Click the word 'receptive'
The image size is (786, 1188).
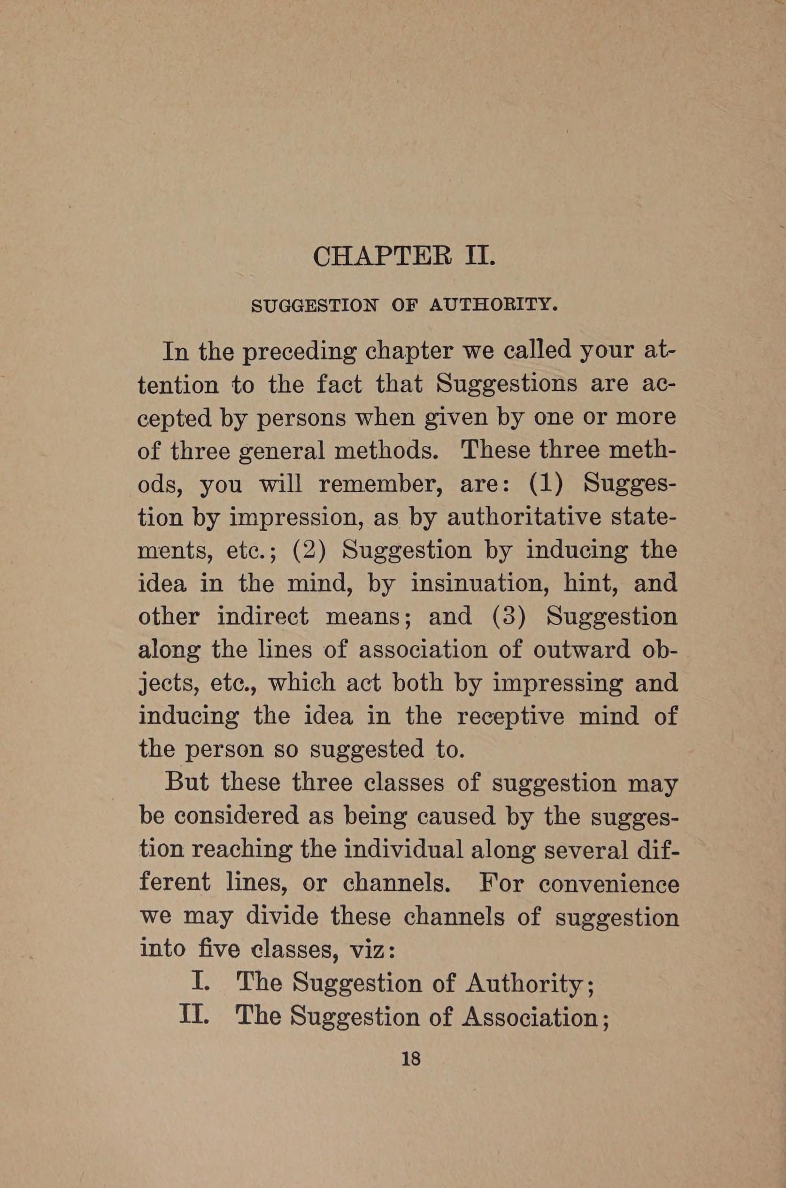(511, 715)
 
